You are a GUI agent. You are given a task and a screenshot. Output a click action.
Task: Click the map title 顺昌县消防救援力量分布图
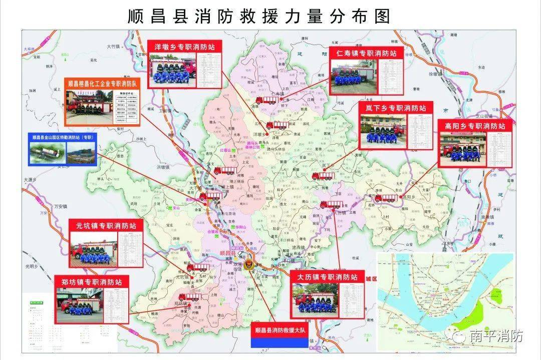[x=259, y=16]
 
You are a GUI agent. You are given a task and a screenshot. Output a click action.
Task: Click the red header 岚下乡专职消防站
[x=396, y=108]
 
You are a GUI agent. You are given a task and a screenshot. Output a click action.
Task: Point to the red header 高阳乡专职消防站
[x=474, y=126]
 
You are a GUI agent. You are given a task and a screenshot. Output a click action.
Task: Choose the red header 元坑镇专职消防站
[x=106, y=226]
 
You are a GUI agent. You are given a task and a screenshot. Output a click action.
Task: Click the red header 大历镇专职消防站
[x=328, y=276]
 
